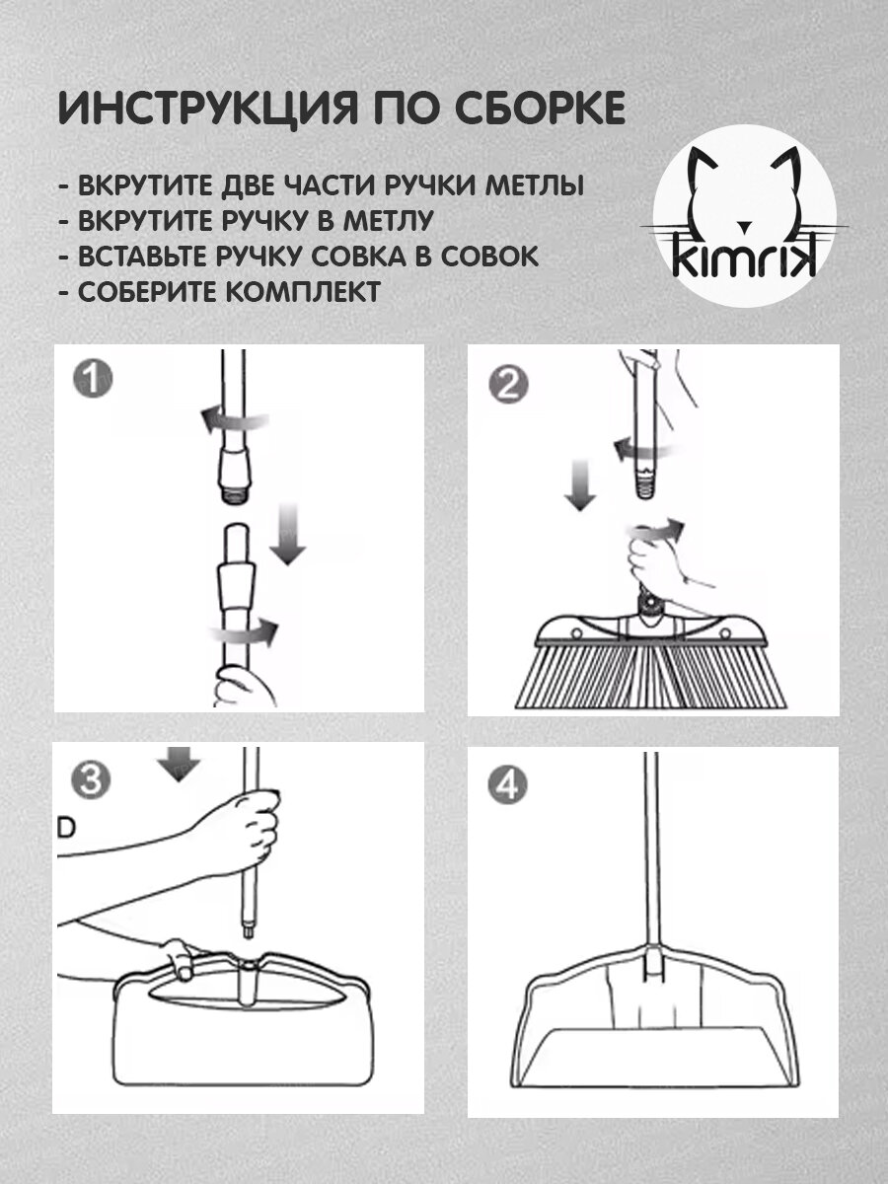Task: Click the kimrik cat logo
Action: pos(745,216)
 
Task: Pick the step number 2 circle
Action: pos(508,384)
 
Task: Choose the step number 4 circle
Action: pos(508,785)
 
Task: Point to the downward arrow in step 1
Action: pos(288,534)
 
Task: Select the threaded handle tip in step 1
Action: pos(234,496)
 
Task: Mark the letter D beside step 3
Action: pos(66,828)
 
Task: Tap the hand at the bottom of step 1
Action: pos(245,687)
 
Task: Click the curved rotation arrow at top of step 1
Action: pos(234,419)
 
